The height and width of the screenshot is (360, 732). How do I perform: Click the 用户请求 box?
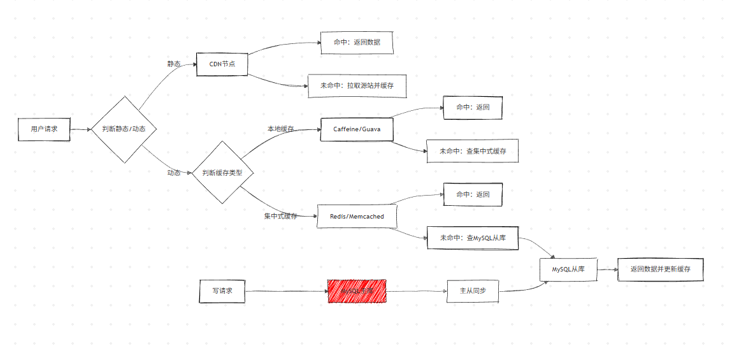click(x=44, y=129)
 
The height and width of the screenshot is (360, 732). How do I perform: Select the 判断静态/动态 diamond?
click(x=124, y=129)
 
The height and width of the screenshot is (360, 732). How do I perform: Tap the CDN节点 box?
click(x=222, y=64)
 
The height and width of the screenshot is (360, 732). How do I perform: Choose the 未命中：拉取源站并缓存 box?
click(x=357, y=85)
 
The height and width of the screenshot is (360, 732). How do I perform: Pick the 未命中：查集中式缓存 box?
click(x=472, y=151)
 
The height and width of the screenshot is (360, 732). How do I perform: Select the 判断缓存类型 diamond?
click(x=222, y=173)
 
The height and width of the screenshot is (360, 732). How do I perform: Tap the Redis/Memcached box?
click(x=357, y=216)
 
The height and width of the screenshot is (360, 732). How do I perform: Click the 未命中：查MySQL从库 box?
click(x=472, y=238)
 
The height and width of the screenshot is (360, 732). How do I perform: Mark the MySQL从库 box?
click(x=568, y=270)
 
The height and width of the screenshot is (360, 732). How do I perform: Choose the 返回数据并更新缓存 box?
click(x=660, y=270)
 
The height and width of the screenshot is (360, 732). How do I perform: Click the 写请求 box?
click(x=222, y=291)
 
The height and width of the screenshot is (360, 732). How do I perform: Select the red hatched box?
click(x=357, y=291)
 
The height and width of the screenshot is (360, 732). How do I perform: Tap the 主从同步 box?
click(x=472, y=291)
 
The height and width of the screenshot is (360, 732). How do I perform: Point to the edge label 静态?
click(x=173, y=64)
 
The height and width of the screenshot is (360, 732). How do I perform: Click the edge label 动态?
click(x=173, y=173)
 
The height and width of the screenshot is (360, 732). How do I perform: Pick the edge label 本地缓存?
click(x=280, y=129)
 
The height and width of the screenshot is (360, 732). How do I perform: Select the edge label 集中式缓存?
click(x=280, y=217)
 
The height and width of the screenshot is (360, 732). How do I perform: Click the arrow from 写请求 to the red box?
click(x=287, y=291)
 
